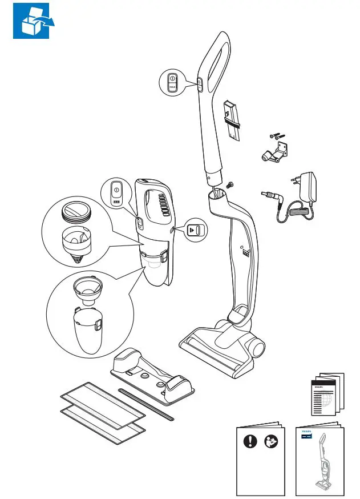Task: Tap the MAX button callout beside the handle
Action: [x=173, y=83]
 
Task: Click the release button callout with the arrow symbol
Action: [x=195, y=230]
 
